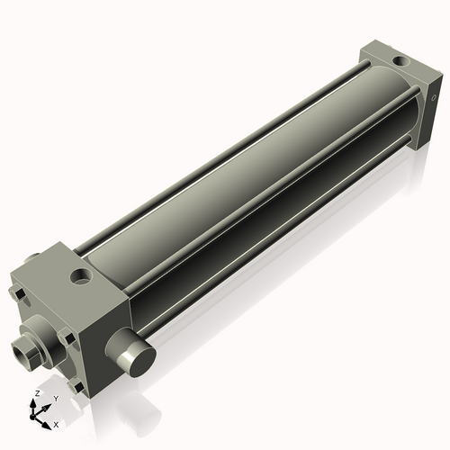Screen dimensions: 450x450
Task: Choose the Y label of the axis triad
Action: click(56, 398)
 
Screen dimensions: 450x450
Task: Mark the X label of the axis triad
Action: click(56, 423)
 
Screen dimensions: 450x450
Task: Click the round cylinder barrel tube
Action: click(243, 171)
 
